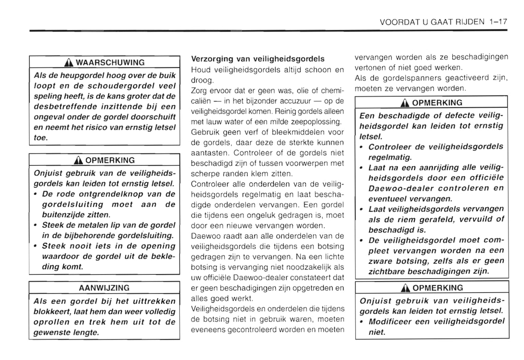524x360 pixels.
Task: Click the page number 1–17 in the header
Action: (498, 22)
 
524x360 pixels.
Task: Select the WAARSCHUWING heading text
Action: (110, 62)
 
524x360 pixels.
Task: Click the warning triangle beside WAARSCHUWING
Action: (69, 63)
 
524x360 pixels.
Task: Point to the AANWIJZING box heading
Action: (104, 288)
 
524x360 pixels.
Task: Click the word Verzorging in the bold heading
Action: (212, 59)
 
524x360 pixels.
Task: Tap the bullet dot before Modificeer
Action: (362, 322)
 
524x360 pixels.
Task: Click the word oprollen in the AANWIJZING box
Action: (51, 322)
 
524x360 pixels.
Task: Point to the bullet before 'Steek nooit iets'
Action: (35, 246)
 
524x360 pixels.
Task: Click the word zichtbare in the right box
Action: (387, 272)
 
